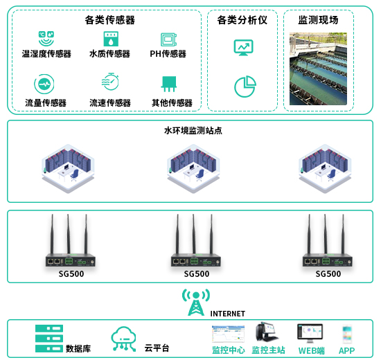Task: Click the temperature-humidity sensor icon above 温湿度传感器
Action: pyautogui.click(x=46, y=38)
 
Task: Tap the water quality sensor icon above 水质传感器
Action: pyautogui.click(x=111, y=39)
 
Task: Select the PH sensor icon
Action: pyautogui.click(x=168, y=39)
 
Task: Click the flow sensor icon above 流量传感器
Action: pyautogui.click(x=44, y=84)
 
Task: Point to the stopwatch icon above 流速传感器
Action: pyautogui.click(x=110, y=82)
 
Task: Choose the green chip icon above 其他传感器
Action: pyautogui.click(x=169, y=84)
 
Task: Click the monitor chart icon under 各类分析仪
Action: pyautogui.click(x=243, y=47)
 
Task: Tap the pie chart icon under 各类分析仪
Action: pyautogui.click(x=245, y=87)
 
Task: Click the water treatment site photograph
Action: pyautogui.click(x=318, y=69)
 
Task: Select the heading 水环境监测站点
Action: pyautogui.click(x=193, y=131)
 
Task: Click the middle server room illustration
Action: pyautogui.click(x=193, y=169)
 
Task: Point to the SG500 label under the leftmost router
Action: pyautogui.click(x=71, y=274)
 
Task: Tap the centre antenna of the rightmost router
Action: pyautogui.click(x=326, y=234)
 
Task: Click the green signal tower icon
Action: pyautogui.click(x=196, y=302)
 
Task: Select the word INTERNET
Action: pyautogui.click(x=228, y=314)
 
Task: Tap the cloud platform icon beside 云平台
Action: pyautogui.click(x=123, y=339)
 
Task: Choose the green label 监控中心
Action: pyautogui.click(x=229, y=350)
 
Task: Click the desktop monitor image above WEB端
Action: pyautogui.click(x=310, y=333)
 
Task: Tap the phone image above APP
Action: pyautogui.click(x=347, y=334)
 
